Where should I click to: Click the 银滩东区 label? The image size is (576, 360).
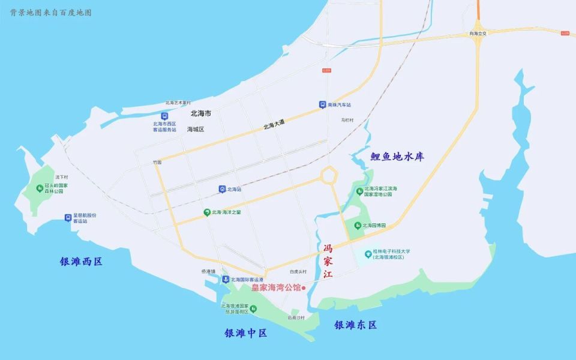[x=356, y=325]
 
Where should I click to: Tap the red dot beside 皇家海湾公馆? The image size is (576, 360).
[x=304, y=288]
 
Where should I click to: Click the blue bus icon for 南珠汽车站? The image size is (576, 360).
[x=322, y=104]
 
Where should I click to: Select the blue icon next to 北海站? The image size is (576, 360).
[x=222, y=189]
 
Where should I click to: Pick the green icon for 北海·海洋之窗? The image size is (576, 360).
[x=206, y=212]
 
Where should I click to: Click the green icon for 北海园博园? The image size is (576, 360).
[x=358, y=226]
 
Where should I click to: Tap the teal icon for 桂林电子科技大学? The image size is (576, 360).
[x=368, y=254]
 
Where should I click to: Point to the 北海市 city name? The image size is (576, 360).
[x=200, y=113]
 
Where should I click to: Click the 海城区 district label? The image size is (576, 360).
[x=196, y=129]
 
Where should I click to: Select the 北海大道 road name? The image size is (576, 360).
[x=274, y=125]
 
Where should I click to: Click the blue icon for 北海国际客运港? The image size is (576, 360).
[x=224, y=280]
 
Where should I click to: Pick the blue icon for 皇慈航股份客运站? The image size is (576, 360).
[x=68, y=217]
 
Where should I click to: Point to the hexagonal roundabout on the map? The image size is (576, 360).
[x=329, y=175]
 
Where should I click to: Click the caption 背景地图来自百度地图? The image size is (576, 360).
[x=50, y=13]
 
